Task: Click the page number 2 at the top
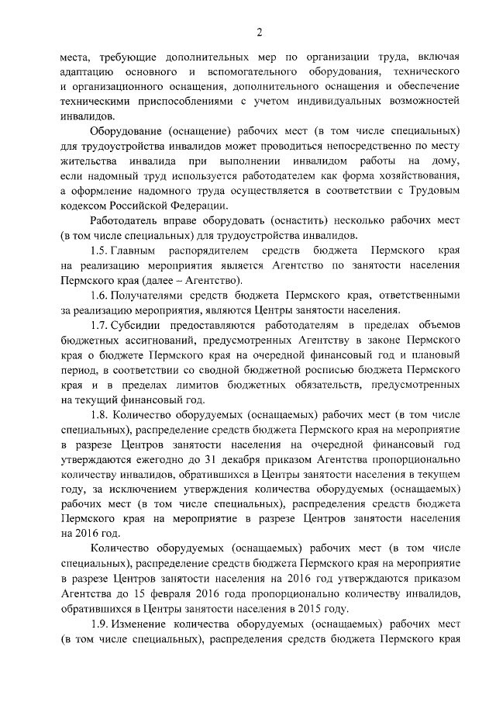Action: [260, 32]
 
